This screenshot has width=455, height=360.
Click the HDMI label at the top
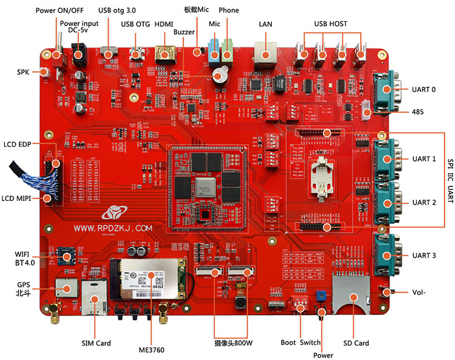click(x=164, y=24)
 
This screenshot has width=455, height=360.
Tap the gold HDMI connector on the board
click(x=164, y=54)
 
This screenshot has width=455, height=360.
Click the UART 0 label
click(x=423, y=89)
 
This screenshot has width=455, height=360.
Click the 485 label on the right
click(x=417, y=112)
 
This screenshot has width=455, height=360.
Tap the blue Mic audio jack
click(x=214, y=52)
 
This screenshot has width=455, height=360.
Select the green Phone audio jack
click(x=227, y=52)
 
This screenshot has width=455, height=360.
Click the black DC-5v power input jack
click(x=78, y=56)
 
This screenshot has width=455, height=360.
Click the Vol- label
click(x=418, y=292)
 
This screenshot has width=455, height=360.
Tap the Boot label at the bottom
click(x=288, y=342)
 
